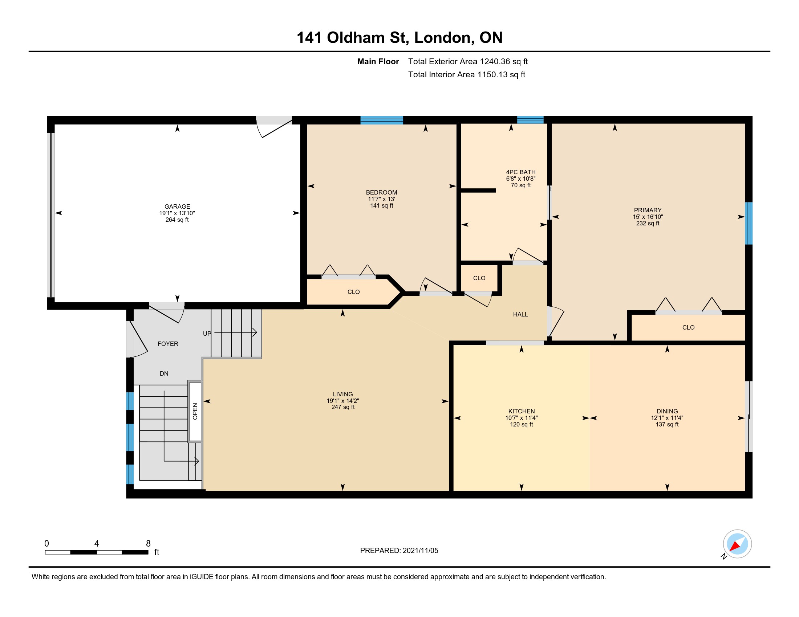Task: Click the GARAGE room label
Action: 177,207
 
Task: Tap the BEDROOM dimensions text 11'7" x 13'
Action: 381,199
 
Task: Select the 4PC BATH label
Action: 520,172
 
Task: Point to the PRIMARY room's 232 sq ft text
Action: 648,223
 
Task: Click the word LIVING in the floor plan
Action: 343,394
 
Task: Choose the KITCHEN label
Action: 521,411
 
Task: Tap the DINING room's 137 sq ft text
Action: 667,424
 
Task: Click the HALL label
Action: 520,314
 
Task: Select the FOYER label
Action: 168,344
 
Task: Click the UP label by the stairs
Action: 207,333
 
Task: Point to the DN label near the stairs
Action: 164,373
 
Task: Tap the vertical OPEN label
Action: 195,411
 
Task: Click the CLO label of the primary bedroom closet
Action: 688,327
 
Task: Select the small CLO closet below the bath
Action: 479,278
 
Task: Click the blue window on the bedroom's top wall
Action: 382,120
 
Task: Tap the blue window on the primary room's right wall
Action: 749,223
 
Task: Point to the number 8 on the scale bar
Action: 148,544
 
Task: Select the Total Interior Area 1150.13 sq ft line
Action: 466,74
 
